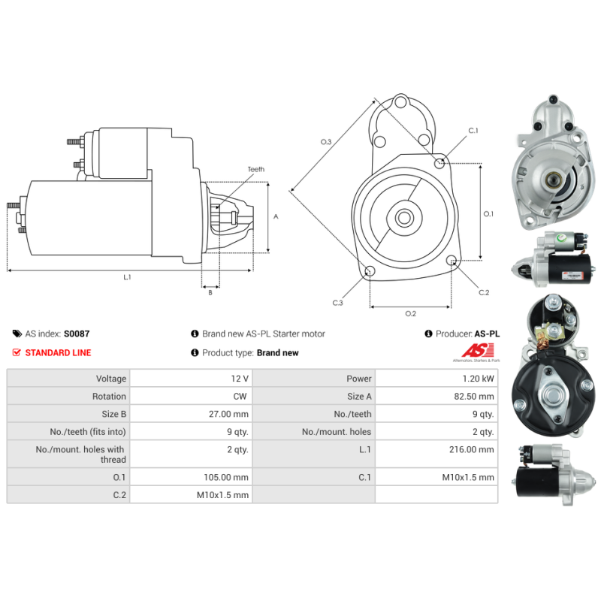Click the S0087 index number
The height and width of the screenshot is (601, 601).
click(77, 334)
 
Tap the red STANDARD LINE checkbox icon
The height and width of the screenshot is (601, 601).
click(17, 352)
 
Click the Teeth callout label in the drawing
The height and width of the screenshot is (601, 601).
click(256, 170)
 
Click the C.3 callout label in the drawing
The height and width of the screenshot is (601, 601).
click(338, 303)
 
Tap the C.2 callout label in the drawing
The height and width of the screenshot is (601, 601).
click(484, 292)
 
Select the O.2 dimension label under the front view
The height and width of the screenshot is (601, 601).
click(410, 313)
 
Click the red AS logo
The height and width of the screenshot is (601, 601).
click(477, 350)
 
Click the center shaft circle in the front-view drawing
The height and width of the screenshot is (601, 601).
click(404, 219)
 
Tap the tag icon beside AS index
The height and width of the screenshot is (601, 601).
click(17, 334)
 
